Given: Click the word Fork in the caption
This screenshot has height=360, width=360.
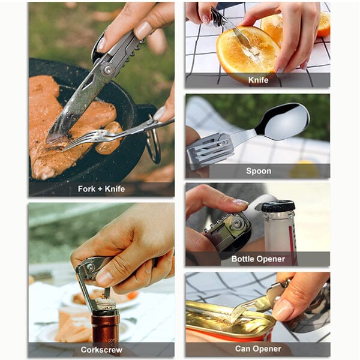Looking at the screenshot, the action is click(x=86, y=189).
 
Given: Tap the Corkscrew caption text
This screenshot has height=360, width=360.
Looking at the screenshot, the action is click(x=101, y=350).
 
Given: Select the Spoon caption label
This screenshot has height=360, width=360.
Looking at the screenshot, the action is click(x=259, y=171).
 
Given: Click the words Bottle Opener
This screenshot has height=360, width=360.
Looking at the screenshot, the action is click(x=258, y=259).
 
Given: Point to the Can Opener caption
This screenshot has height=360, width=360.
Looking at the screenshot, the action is click(x=258, y=349).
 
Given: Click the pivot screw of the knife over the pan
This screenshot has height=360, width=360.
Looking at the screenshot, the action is click(x=107, y=70).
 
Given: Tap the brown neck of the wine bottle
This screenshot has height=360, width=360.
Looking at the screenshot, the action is click(x=106, y=326).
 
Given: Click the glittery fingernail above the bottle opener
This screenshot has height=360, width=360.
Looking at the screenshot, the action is click(x=240, y=202).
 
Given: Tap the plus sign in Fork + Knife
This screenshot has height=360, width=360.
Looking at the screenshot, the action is click(x=100, y=190).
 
